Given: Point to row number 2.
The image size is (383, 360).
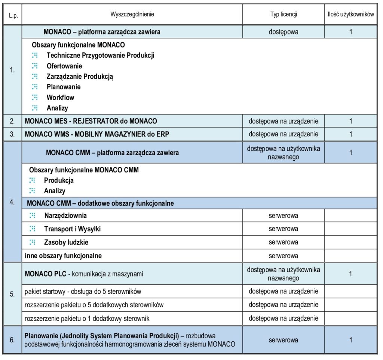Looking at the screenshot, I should [x=12, y=121].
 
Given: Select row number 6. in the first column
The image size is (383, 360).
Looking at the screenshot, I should [x=12, y=341].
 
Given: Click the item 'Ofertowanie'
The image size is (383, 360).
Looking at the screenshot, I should [x=64, y=66].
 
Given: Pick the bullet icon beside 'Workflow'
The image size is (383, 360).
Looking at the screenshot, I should [x=35, y=98].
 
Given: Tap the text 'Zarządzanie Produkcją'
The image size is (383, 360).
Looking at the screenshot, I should [x=80, y=77].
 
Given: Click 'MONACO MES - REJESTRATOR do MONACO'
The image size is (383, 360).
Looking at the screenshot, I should [x=91, y=121].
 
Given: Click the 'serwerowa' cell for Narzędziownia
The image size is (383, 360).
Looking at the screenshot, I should [x=284, y=216].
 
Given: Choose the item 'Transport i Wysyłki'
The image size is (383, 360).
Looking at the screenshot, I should [x=72, y=229].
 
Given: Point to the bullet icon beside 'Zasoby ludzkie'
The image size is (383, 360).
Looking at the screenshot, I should [x=33, y=242].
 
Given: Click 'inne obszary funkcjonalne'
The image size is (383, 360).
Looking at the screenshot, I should [x=63, y=256].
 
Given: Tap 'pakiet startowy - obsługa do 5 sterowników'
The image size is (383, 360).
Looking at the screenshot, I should [x=83, y=291].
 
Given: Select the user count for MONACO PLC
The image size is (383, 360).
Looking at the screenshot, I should [x=350, y=274].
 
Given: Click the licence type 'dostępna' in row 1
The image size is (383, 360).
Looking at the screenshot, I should [x=284, y=32].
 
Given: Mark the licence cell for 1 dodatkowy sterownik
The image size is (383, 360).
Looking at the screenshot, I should [x=284, y=319].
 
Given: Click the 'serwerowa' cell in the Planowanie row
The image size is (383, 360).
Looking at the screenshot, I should [x=284, y=341].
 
